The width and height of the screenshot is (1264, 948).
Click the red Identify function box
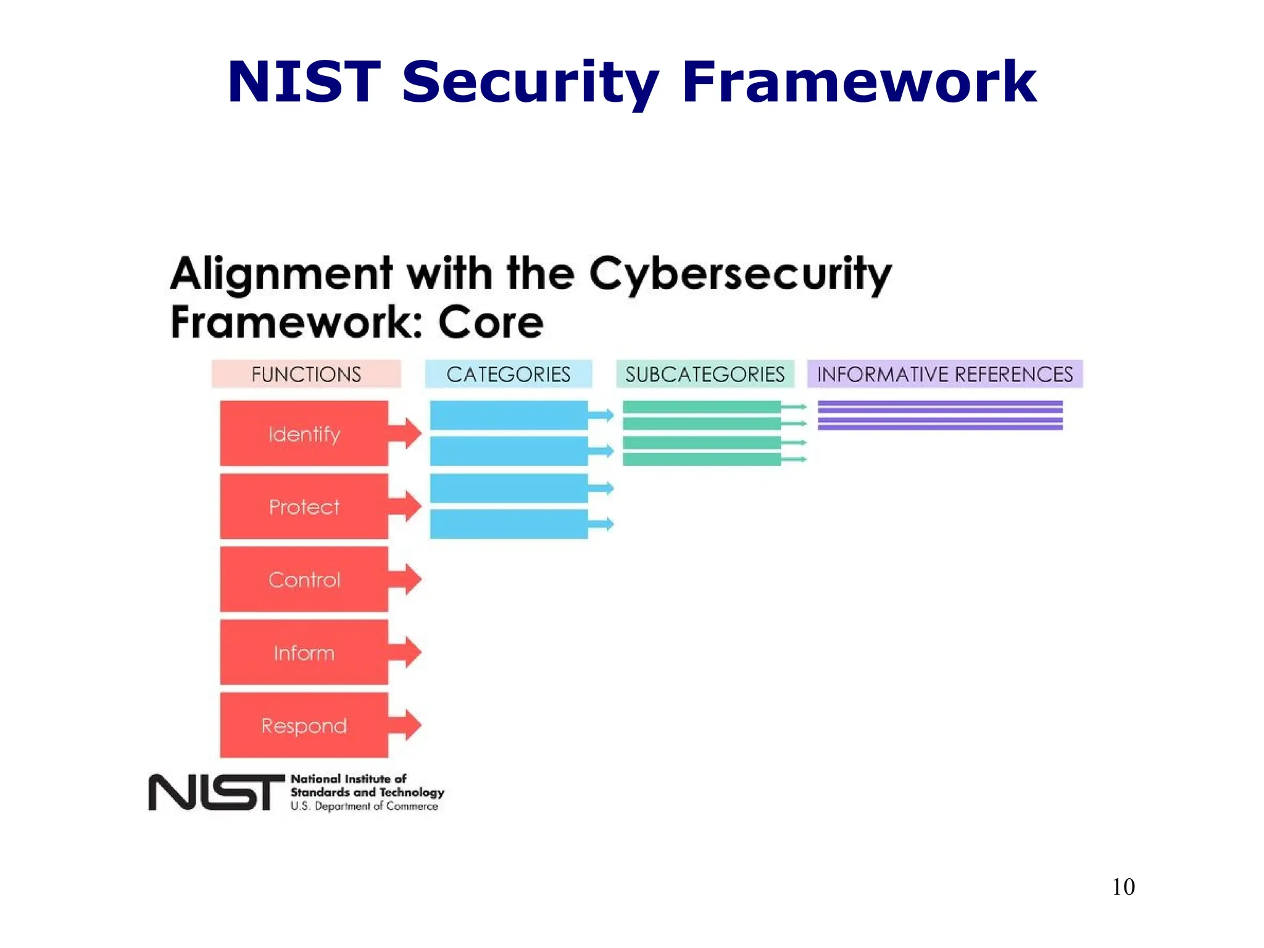point(304,433)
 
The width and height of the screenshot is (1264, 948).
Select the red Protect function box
point(304,506)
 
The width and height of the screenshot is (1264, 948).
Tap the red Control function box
point(304,579)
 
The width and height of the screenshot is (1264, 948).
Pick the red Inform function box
point(304,652)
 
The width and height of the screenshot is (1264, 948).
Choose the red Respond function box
point(304,725)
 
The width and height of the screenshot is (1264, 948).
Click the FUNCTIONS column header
point(306,374)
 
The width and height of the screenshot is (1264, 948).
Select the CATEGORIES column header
point(508,374)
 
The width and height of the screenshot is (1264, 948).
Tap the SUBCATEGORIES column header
point(705,374)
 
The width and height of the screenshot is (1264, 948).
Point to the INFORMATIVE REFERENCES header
point(944,374)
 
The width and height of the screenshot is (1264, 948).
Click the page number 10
point(1123,887)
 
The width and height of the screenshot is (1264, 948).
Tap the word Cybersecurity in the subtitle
point(740,275)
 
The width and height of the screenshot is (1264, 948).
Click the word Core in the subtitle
point(491,323)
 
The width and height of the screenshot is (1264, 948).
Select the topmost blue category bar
point(509,415)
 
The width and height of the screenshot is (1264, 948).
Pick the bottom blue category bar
point(509,524)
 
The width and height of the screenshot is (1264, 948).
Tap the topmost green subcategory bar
point(701,407)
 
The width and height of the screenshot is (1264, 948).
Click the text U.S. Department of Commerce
point(364,806)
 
